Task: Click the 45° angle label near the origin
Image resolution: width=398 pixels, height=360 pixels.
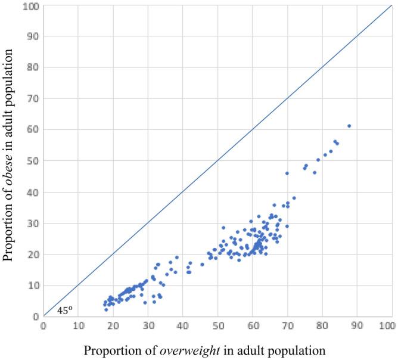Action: (x=64, y=310)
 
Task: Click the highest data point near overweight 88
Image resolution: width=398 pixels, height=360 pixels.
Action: (x=349, y=126)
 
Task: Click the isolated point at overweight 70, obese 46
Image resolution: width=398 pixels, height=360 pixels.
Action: (x=287, y=173)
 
